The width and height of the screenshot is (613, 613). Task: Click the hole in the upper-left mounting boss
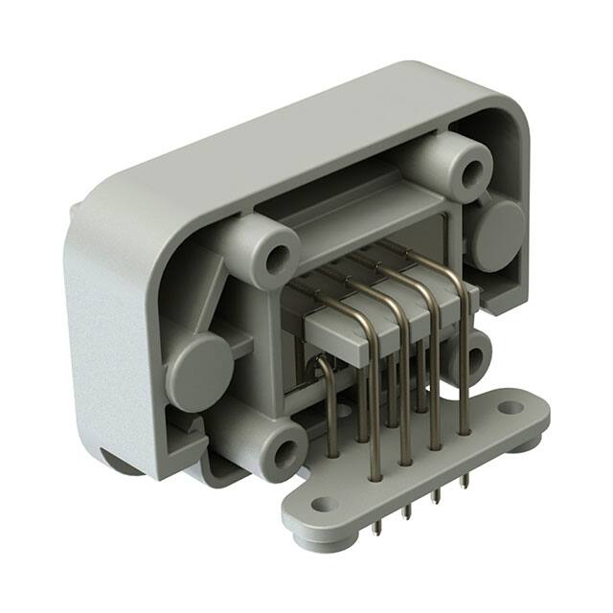(x=278, y=257)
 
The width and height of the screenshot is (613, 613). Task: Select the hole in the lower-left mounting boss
(x=284, y=452)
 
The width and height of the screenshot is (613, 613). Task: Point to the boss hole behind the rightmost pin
(x=475, y=359)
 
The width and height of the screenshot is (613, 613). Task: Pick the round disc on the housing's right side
(x=498, y=235)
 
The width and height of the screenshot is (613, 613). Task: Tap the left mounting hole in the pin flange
(x=325, y=504)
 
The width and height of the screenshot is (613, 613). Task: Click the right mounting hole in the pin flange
(x=511, y=407)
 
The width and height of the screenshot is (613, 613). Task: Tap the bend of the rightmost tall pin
(x=460, y=287)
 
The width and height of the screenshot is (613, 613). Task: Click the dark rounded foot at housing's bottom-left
(x=123, y=464)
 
